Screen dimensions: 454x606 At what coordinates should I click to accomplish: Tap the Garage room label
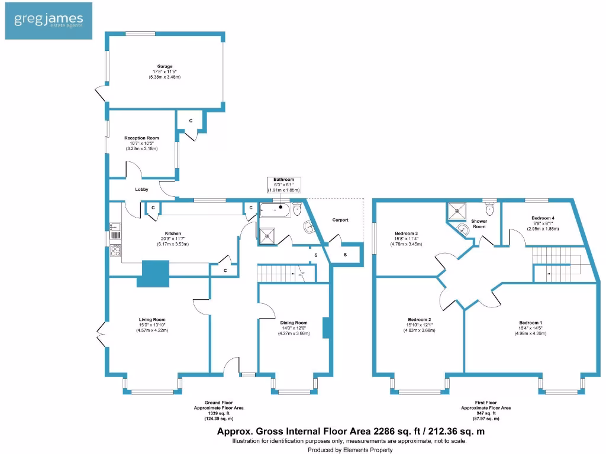click(x=165, y=66)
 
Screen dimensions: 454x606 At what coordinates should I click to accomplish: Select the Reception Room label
click(x=141, y=138)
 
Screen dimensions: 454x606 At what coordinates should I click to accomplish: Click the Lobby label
click(x=141, y=189)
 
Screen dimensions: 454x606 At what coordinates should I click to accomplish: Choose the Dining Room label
click(x=294, y=323)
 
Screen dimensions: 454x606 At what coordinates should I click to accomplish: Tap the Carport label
click(x=340, y=220)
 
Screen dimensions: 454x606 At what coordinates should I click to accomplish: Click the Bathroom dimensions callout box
click(x=283, y=184)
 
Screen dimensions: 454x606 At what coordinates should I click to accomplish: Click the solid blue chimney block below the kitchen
click(x=153, y=274)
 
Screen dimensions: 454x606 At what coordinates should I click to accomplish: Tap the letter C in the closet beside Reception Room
click(x=191, y=121)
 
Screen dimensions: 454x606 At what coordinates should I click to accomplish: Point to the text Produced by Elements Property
click(x=349, y=449)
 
